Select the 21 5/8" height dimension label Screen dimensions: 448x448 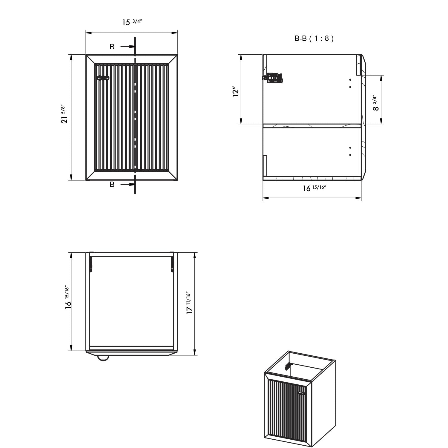pyautogui.click(x=64, y=114)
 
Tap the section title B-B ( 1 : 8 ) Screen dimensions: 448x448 pyautogui.click(x=314, y=39)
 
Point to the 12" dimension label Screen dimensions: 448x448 pyautogui.click(x=236, y=92)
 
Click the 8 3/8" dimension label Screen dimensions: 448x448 pyautogui.click(x=376, y=103)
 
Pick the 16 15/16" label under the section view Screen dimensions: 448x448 pyautogui.click(x=314, y=188)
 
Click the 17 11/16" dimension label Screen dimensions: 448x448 pyautogui.click(x=189, y=303)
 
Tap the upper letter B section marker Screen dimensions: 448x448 pyautogui.click(x=112, y=47)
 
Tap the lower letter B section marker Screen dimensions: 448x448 pyautogui.click(x=112, y=185)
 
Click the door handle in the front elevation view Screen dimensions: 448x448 pyautogui.click(x=103, y=78)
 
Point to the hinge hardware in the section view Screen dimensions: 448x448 pyautogui.click(x=272, y=78)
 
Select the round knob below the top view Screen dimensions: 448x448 pyautogui.click(x=103, y=358)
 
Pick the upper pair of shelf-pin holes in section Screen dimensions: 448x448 pyautogui.click(x=350, y=83)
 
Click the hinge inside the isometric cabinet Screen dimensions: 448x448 pyautogui.click(x=288, y=366)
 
